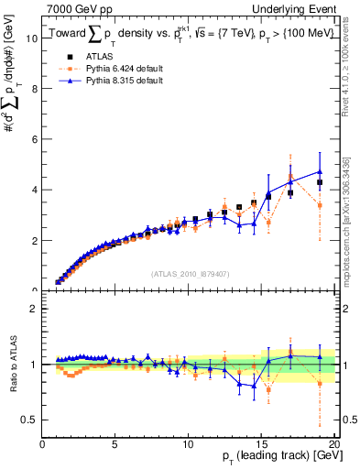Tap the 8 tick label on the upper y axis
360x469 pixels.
(x=34, y=90)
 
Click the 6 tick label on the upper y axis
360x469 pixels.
(x=34, y=140)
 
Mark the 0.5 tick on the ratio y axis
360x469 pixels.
(x=29, y=420)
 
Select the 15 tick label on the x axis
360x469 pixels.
(x=261, y=444)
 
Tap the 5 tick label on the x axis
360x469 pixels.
(x=115, y=444)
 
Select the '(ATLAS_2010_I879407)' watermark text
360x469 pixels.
(x=190, y=275)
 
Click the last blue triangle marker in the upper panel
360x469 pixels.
(x=320, y=171)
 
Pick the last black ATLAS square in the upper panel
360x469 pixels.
(x=320, y=182)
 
